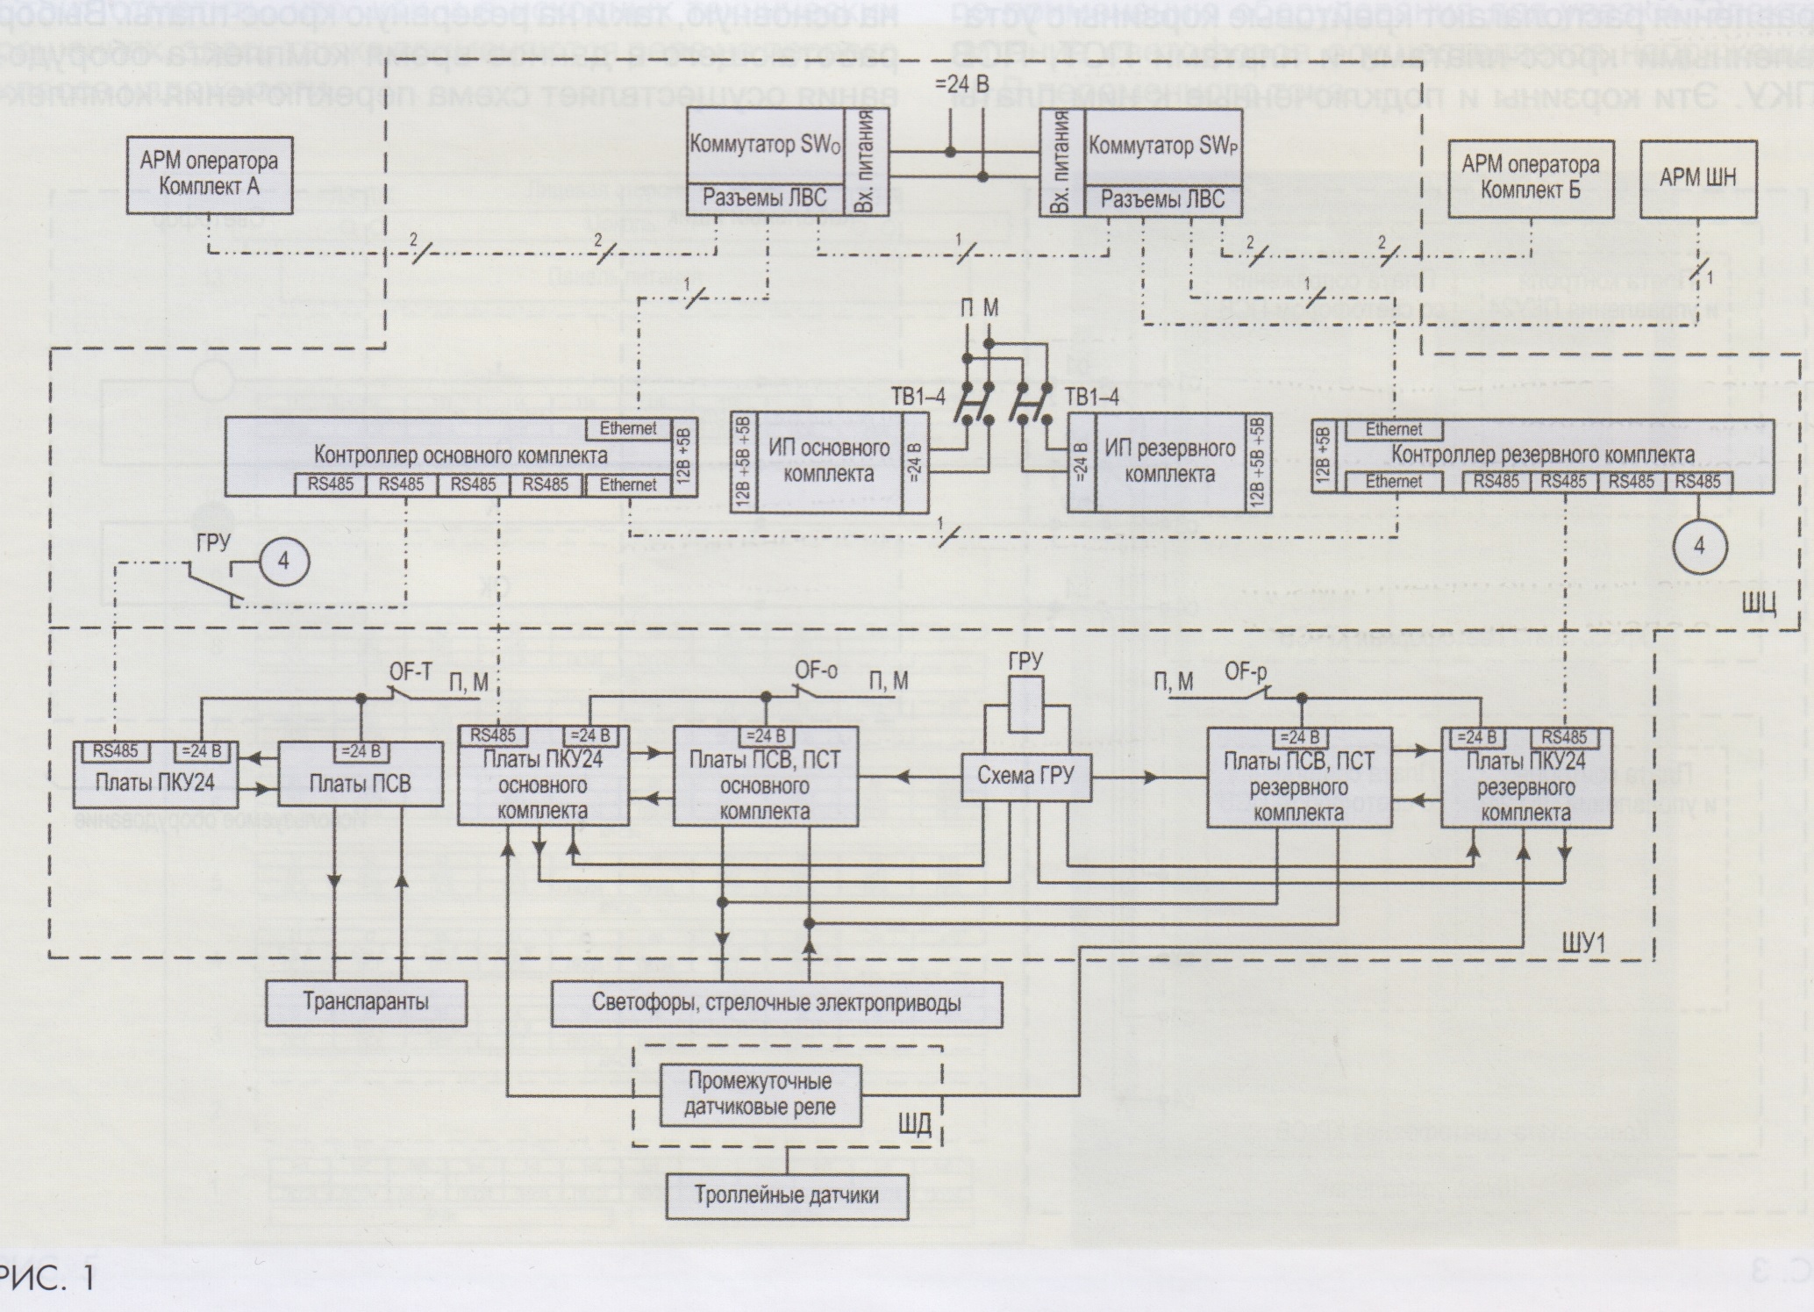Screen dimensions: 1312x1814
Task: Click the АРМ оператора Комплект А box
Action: (209, 175)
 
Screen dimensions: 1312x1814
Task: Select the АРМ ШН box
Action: (1697, 177)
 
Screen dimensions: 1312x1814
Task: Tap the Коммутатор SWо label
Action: (765, 146)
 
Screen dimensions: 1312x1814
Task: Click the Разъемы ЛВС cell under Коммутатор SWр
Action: (1162, 199)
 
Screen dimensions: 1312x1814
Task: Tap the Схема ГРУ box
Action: (1025, 775)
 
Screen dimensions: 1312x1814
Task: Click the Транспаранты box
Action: (366, 1001)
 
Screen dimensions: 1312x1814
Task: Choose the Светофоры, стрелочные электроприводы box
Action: (776, 1003)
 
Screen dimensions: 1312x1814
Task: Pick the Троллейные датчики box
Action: (787, 1194)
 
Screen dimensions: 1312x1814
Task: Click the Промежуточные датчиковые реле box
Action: (761, 1093)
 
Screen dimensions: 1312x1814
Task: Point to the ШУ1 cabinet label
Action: (1583, 943)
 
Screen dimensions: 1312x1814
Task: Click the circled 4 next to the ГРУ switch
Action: (283, 560)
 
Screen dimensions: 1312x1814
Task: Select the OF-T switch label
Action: (410, 671)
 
